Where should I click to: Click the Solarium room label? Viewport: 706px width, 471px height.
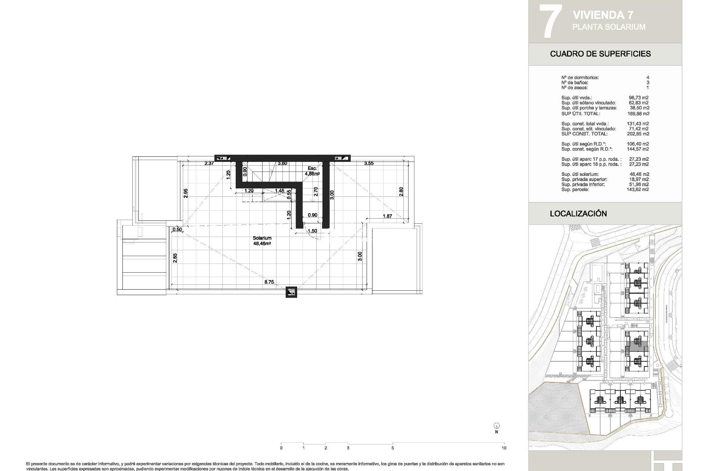click(x=262, y=241)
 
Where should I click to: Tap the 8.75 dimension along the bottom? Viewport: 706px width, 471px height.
click(x=269, y=282)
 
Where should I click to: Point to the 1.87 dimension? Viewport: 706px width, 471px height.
click(x=387, y=216)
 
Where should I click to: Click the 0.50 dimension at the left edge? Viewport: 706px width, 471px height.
click(x=177, y=230)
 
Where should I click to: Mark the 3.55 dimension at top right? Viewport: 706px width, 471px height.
click(x=369, y=163)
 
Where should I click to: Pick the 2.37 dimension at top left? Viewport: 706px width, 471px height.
click(x=209, y=163)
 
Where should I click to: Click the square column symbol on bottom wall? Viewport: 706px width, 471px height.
click(x=291, y=292)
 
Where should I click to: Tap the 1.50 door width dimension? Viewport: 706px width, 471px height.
click(x=312, y=231)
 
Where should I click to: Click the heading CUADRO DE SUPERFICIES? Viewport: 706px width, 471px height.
click(x=600, y=54)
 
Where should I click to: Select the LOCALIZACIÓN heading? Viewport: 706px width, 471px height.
click(x=578, y=213)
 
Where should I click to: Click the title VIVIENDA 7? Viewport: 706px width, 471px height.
click(x=603, y=15)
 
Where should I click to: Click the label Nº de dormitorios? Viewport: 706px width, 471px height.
click(x=580, y=78)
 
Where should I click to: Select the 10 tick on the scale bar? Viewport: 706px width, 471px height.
click(x=504, y=448)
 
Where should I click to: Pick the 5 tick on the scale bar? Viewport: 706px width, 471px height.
click(x=392, y=448)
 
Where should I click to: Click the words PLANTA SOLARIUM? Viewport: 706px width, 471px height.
click(x=609, y=27)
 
